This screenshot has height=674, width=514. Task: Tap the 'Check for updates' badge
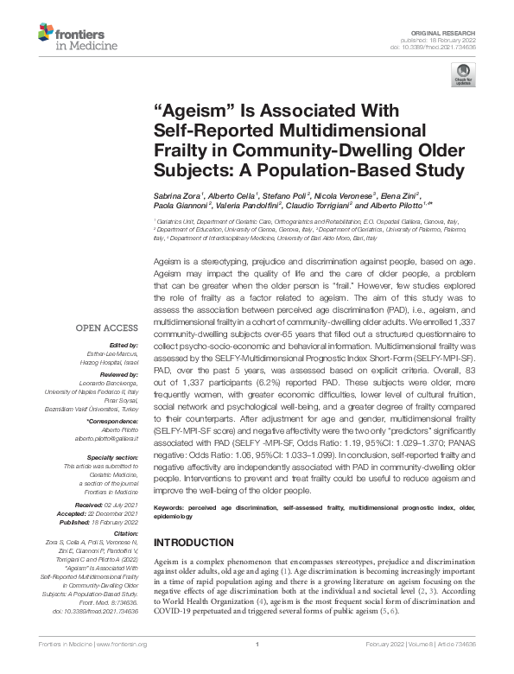[x=462, y=80]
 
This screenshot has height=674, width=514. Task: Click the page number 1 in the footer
[x=257, y=666]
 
